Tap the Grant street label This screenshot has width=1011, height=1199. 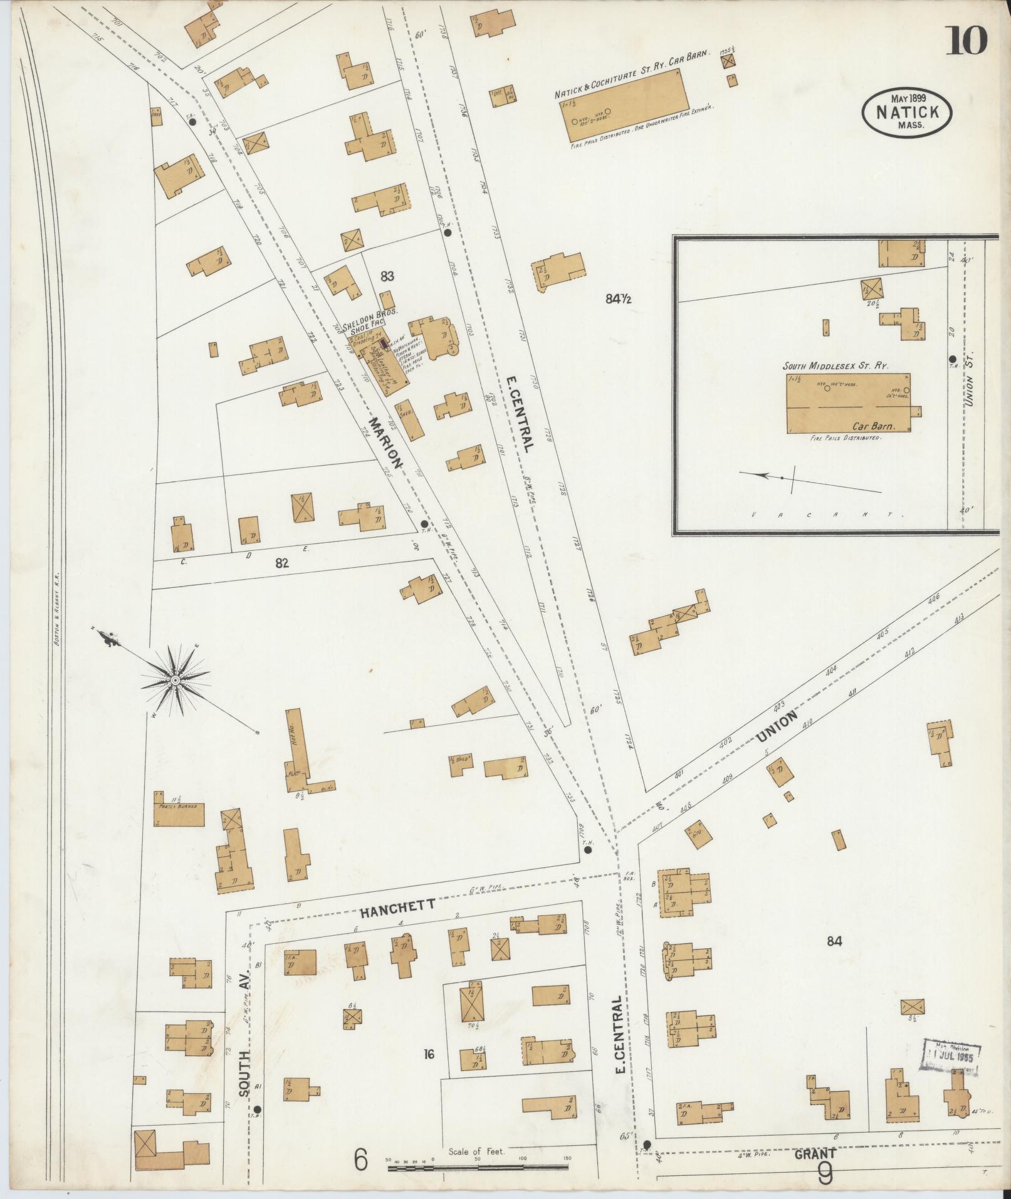815,1154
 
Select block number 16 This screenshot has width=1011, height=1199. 429,1054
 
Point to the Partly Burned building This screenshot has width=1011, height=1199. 180,811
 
